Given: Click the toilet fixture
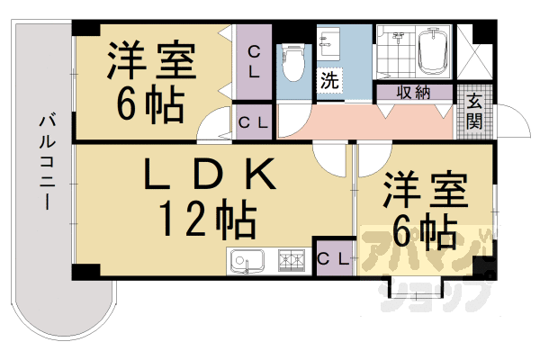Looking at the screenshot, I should (x=292, y=61).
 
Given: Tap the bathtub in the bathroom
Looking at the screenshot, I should (x=433, y=52).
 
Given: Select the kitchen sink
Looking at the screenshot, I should (x=244, y=262).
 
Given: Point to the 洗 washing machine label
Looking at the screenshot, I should (x=329, y=78).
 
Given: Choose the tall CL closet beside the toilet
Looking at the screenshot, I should (x=254, y=62).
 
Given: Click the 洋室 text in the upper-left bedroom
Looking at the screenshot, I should (x=149, y=60).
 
